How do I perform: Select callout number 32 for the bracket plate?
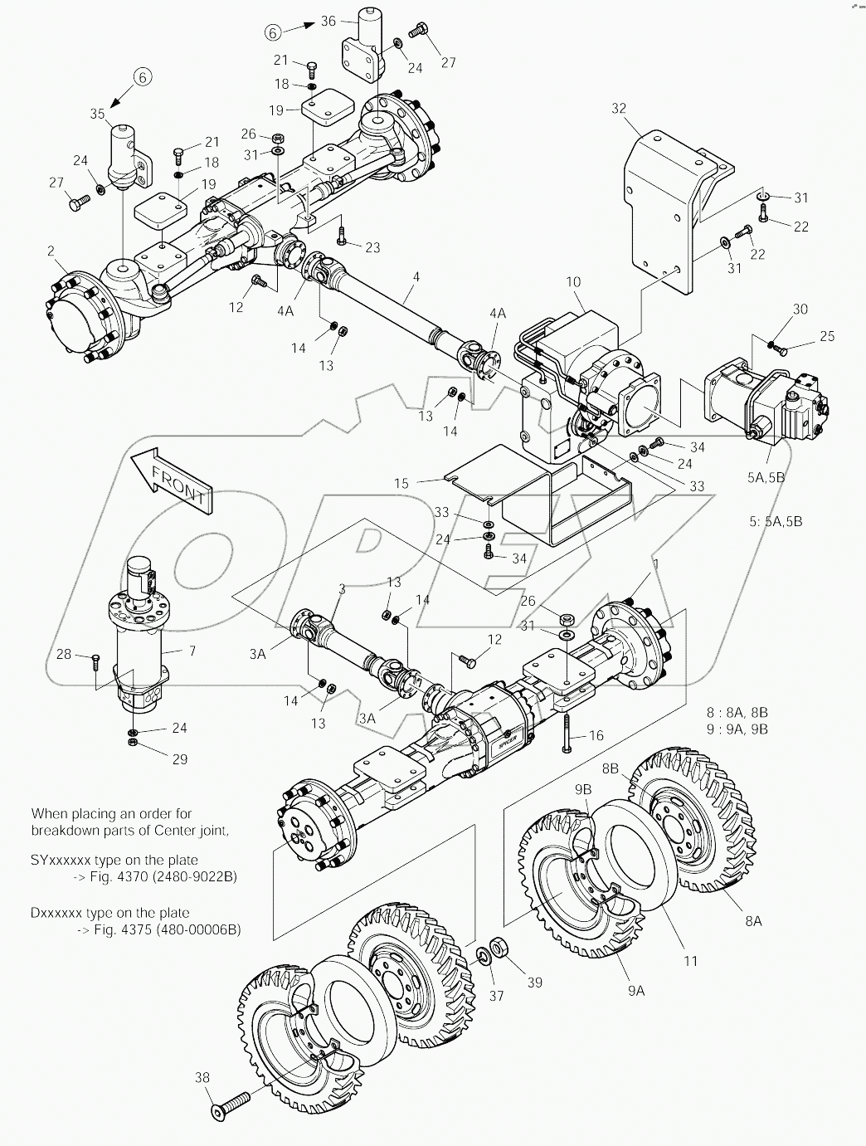pos(620,109)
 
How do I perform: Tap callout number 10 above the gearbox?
pos(573,283)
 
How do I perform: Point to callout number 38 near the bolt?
pos(202,1078)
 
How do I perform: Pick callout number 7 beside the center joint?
pos(192,651)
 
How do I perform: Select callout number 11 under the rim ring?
pos(690,961)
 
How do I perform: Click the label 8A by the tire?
pos(752,920)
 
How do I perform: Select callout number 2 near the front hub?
pos(51,251)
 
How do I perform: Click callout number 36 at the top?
pos(327,21)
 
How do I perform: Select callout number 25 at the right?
pos(826,336)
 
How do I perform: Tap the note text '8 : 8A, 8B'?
pos(737,712)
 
